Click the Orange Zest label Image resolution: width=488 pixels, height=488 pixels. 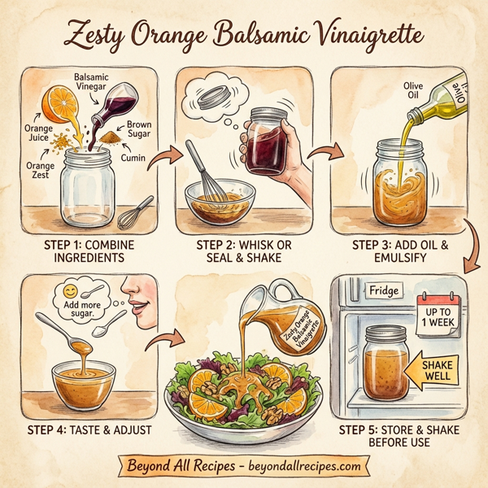[x=39, y=172]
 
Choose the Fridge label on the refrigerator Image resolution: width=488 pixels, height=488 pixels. [x=384, y=290]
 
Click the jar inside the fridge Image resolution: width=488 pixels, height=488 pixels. [x=386, y=362]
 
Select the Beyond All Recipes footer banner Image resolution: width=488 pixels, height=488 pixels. [x=243, y=466]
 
